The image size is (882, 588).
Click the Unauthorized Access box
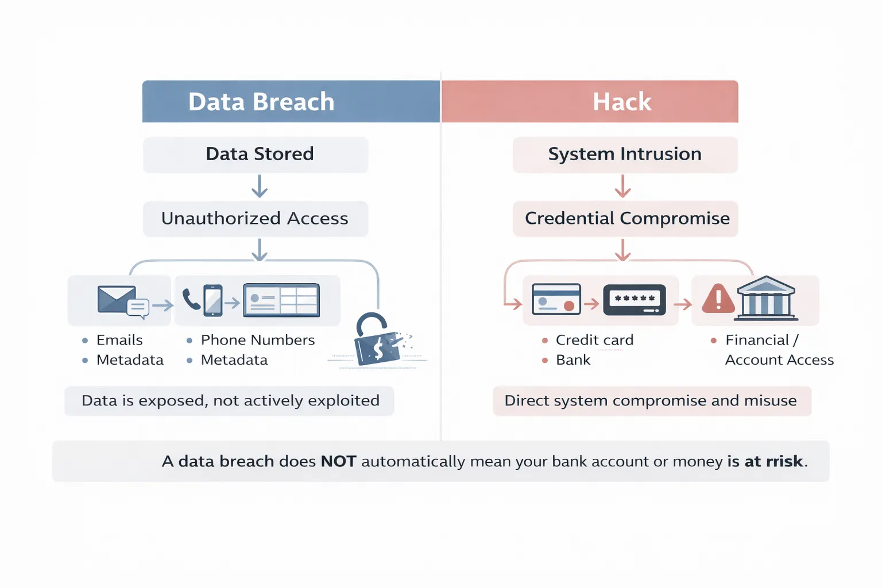point(256,219)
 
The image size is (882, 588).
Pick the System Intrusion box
point(625,154)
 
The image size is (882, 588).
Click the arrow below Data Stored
point(260,187)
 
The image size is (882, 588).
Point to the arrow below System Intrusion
point(623,187)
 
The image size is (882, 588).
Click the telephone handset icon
point(191,299)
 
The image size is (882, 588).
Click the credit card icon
point(556,299)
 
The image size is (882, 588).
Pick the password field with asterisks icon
point(635,299)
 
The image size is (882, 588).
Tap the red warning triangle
point(718,299)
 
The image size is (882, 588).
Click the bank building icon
point(767,297)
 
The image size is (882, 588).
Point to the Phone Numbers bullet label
point(258,340)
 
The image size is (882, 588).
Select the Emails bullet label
point(119,340)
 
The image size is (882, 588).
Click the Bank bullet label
point(573,360)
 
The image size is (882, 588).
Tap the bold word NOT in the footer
point(338,461)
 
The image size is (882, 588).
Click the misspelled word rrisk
point(784,461)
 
